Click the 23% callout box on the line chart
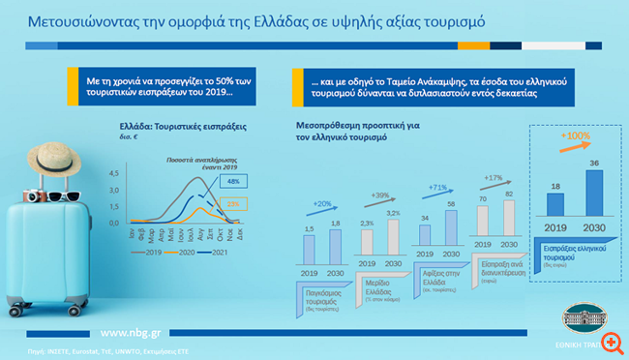point(232,203)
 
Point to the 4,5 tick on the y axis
point(113,172)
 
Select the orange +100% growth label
point(578,136)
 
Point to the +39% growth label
point(379,195)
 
